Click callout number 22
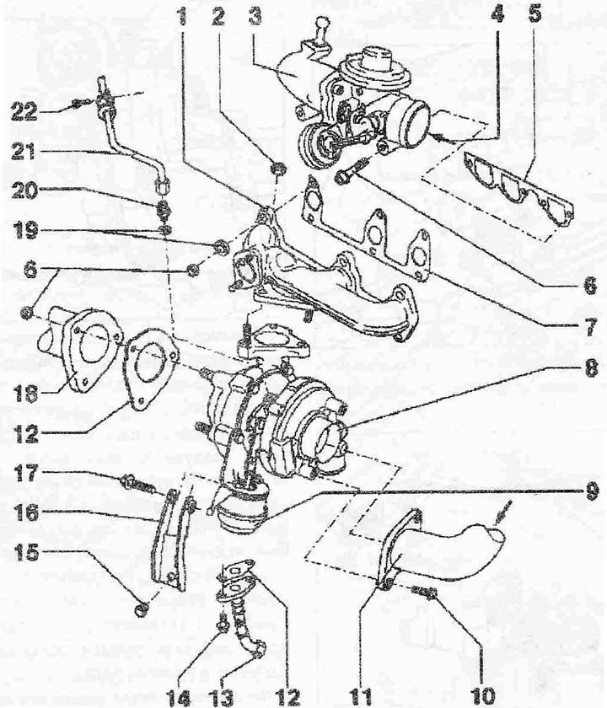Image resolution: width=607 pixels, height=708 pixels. click(x=24, y=110)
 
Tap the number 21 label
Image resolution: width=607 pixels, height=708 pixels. click(x=24, y=152)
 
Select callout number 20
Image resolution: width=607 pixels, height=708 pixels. click(x=24, y=191)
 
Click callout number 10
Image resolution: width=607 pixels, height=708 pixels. click(x=483, y=696)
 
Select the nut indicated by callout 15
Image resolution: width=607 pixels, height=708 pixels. click(x=141, y=610)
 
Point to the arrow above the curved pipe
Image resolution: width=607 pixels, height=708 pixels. click(x=502, y=512)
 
